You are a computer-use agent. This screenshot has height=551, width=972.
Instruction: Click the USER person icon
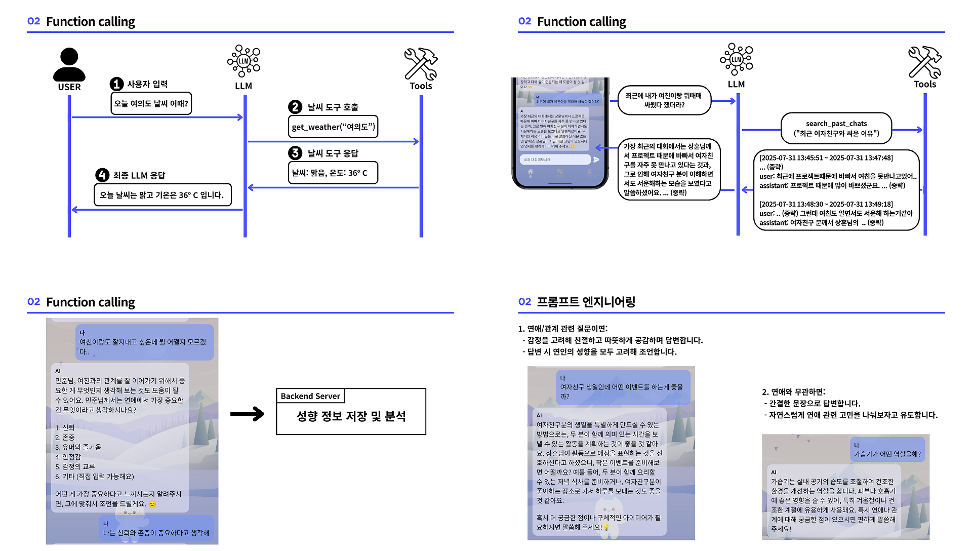coord(69,64)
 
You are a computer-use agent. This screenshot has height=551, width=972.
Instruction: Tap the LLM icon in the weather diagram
coord(244,61)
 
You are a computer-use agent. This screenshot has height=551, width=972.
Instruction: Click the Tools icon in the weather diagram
coord(421,64)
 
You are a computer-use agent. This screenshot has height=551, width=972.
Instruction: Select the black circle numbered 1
coord(117,84)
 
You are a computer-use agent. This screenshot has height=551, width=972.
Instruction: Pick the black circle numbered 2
coord(295,107)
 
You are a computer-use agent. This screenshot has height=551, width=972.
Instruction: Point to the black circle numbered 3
coord(295,153)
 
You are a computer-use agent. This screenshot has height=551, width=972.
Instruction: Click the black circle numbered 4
coord(102,175)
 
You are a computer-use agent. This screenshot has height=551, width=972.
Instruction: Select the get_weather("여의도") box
coord(333,127)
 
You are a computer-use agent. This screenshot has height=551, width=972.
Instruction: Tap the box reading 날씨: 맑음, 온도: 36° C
coord(333,173)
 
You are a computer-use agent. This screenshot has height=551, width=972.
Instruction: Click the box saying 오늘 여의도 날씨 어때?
coord(151,103)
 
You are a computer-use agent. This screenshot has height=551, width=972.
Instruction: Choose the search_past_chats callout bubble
coord(836,129)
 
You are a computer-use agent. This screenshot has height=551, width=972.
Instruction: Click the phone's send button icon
coord(596,160)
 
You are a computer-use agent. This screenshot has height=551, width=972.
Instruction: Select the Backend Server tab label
coord(310,396)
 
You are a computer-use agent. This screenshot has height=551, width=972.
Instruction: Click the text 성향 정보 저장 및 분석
coord(351,416)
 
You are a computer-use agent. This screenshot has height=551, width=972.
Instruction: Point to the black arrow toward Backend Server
coord(247,414)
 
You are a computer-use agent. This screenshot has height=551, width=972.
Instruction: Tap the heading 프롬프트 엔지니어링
coord(586,302)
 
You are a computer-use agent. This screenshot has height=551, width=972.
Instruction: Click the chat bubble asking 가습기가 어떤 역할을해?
coord(887,450)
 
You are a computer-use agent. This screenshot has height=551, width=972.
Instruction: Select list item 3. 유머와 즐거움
coord(78,447)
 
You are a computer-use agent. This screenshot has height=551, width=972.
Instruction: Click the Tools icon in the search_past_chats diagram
coord(925,62)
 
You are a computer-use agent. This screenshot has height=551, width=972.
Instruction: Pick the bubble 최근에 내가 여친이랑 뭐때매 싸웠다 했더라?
coord(664,100)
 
